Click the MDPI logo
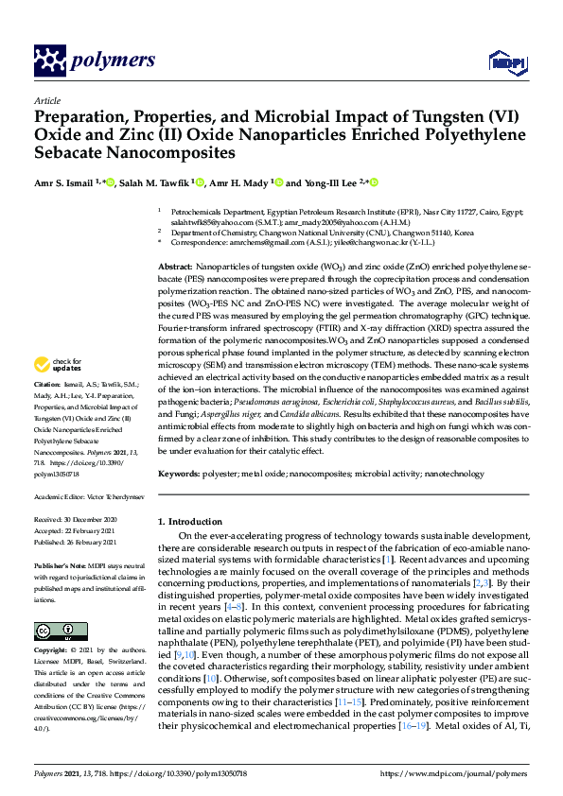(501, 61)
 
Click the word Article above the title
(46, 99)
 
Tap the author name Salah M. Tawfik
(152, 182)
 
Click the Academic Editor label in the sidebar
(61, 495)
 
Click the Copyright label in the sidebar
(53, 651)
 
